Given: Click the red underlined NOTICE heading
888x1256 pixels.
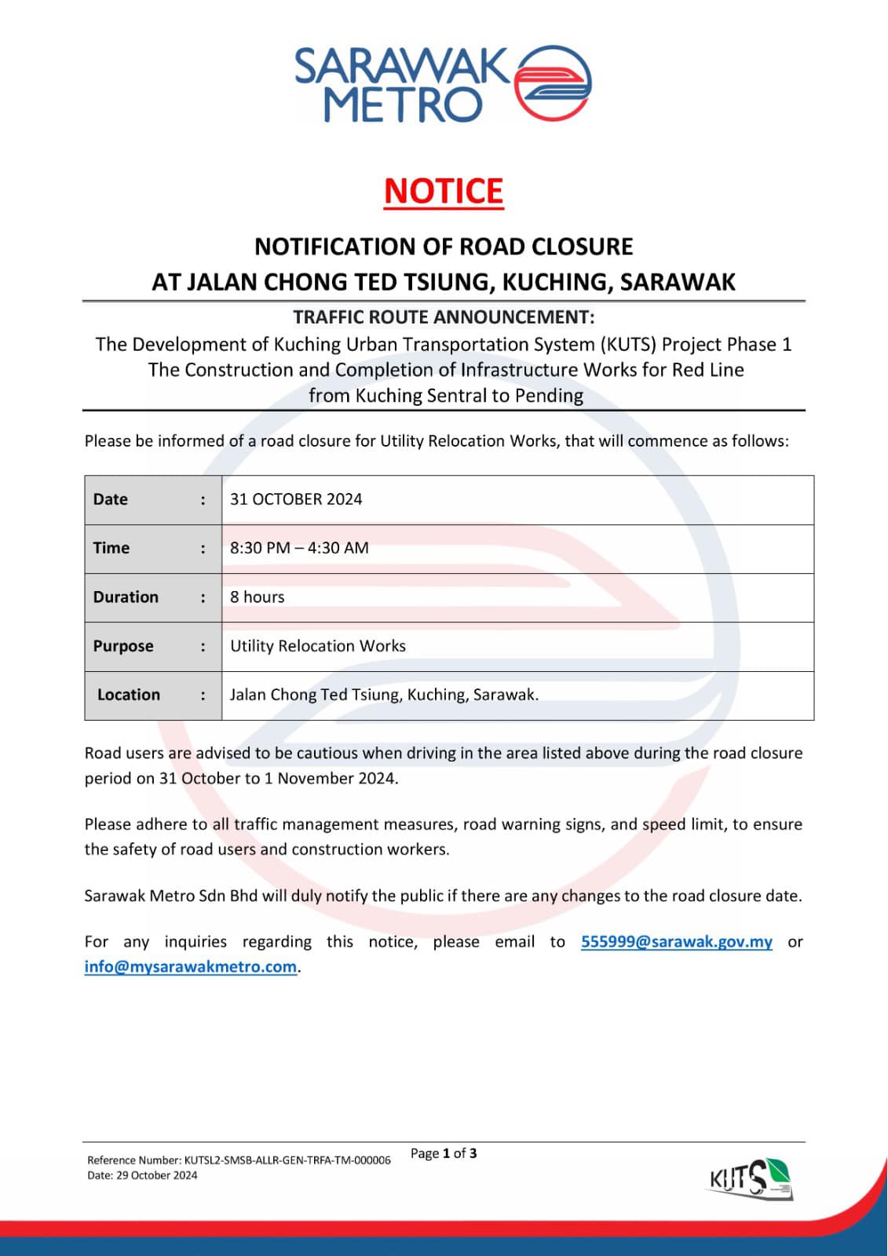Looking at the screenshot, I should [x=444, y=192].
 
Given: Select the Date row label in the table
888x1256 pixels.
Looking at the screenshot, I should [x=111, y=499].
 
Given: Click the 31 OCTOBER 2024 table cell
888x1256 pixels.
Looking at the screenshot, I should [x=296, y=499].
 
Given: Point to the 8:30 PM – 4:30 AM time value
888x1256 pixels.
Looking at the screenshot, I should [x=299, y=548].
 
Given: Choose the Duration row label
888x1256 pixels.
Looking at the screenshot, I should [x=126, y=597].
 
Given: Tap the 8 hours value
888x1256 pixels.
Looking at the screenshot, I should [x=258, y=597].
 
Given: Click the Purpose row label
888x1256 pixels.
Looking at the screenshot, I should [x=123, y=646].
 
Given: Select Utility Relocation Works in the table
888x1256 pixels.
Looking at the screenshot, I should [x=318, y=646].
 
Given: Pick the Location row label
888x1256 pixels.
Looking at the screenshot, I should [x=129, y=695].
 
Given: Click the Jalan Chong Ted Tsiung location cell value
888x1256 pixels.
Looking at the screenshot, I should [x=384, y=695].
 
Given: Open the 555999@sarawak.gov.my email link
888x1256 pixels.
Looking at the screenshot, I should [x=676, y=941].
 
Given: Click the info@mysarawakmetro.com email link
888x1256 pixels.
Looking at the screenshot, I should [x=191, y=966].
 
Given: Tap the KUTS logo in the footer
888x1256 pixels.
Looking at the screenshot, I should [x=751, y=1179].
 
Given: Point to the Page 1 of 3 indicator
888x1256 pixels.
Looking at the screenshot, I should [x=444, y=1153].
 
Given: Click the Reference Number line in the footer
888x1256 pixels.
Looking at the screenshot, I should [x=239, y=1160].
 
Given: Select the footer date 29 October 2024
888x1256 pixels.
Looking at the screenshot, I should [x=142, y=1175].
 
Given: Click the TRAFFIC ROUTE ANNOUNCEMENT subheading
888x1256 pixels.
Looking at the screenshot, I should [x=444, y=317].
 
